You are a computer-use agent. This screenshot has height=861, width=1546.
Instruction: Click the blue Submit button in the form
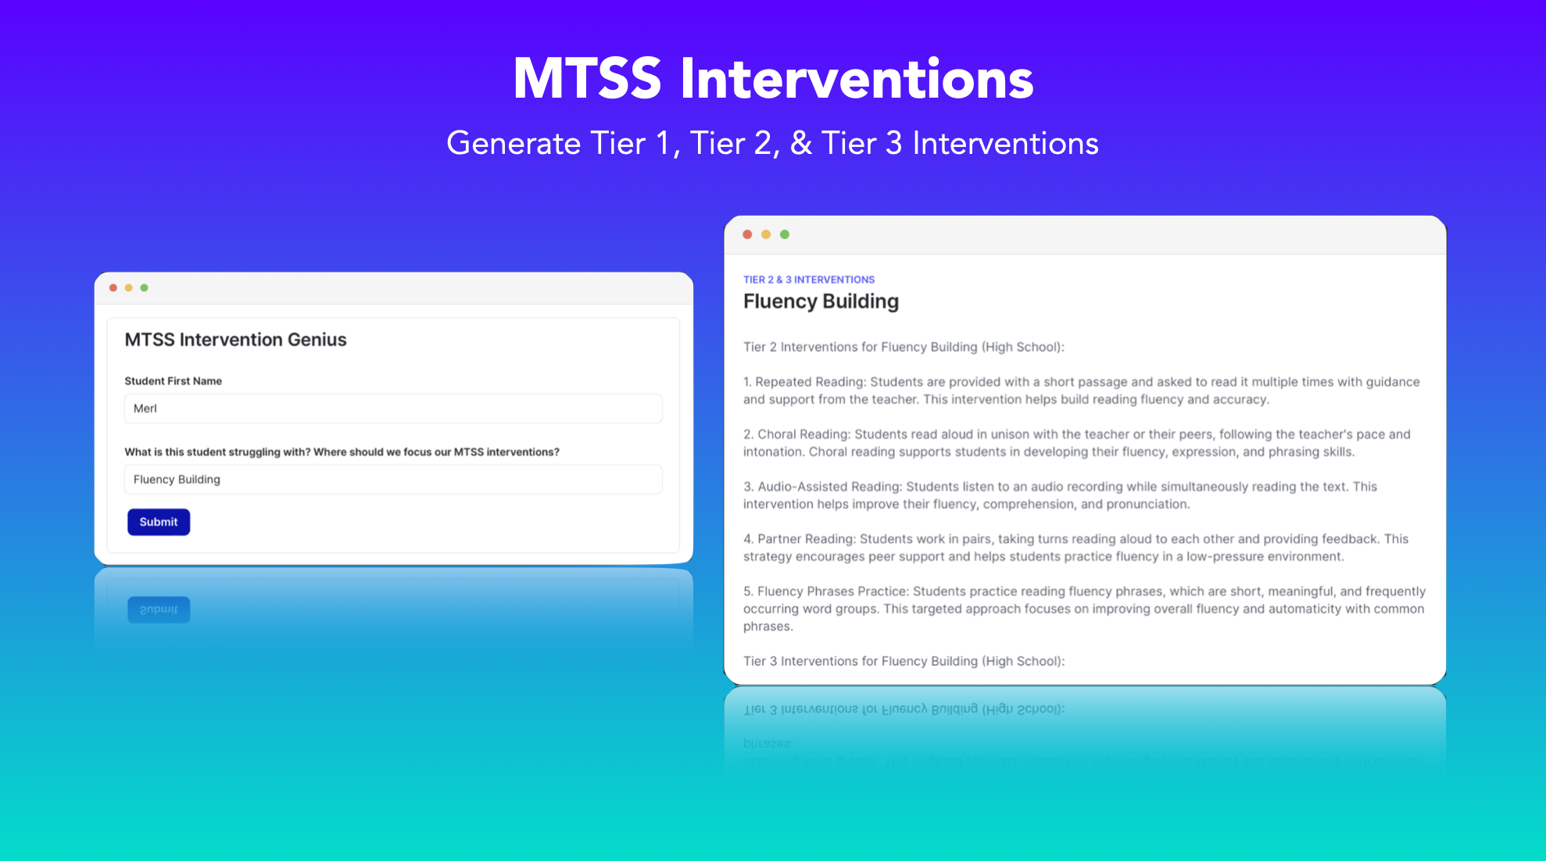coord(159,522)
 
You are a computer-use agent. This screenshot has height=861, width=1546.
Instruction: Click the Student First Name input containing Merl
coord(393,409)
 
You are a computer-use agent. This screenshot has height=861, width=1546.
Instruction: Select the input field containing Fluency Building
coord(393,480)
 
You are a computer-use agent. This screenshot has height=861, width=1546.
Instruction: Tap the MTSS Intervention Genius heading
coord(235,340)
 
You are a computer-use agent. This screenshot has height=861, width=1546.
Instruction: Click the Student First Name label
coord(173,381)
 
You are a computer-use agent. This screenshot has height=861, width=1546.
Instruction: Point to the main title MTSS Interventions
coord(773,79)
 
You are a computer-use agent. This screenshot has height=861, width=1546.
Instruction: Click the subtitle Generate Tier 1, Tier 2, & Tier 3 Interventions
coord(772,144)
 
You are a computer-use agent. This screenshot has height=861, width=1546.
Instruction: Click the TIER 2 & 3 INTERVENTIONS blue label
coord(809,280)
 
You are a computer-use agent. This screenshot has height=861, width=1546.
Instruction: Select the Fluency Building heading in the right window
coord(821,302)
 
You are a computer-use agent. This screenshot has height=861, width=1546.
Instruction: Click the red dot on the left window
coord(113,288)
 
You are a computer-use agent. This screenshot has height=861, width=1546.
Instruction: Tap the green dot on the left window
coord(145,288)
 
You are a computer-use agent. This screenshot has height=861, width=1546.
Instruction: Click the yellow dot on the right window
coord(766,234)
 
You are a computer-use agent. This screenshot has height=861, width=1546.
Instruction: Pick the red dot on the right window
coord(747,234)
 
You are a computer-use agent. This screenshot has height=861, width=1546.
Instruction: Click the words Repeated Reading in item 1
coord(810,382)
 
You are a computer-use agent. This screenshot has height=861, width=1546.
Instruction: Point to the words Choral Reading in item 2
coord(803,434)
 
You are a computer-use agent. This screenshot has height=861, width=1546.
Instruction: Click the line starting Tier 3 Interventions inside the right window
coord(904,661)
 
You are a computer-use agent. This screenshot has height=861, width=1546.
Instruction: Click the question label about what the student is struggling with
coord(342,452)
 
